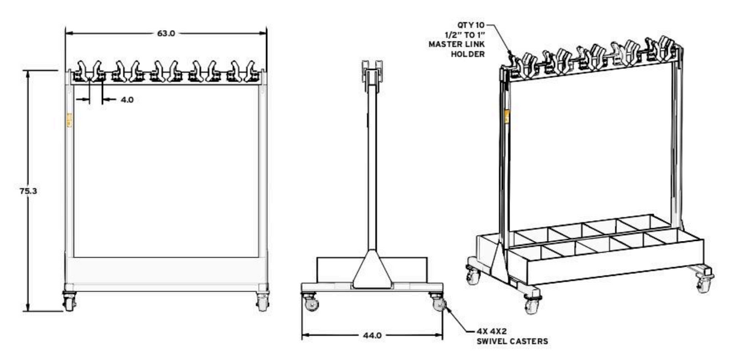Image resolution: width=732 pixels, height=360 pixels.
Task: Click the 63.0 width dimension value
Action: coord(166,34)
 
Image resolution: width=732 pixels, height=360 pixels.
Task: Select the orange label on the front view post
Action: coord(69,120)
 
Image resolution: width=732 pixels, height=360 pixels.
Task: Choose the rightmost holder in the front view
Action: coord(253,71)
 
